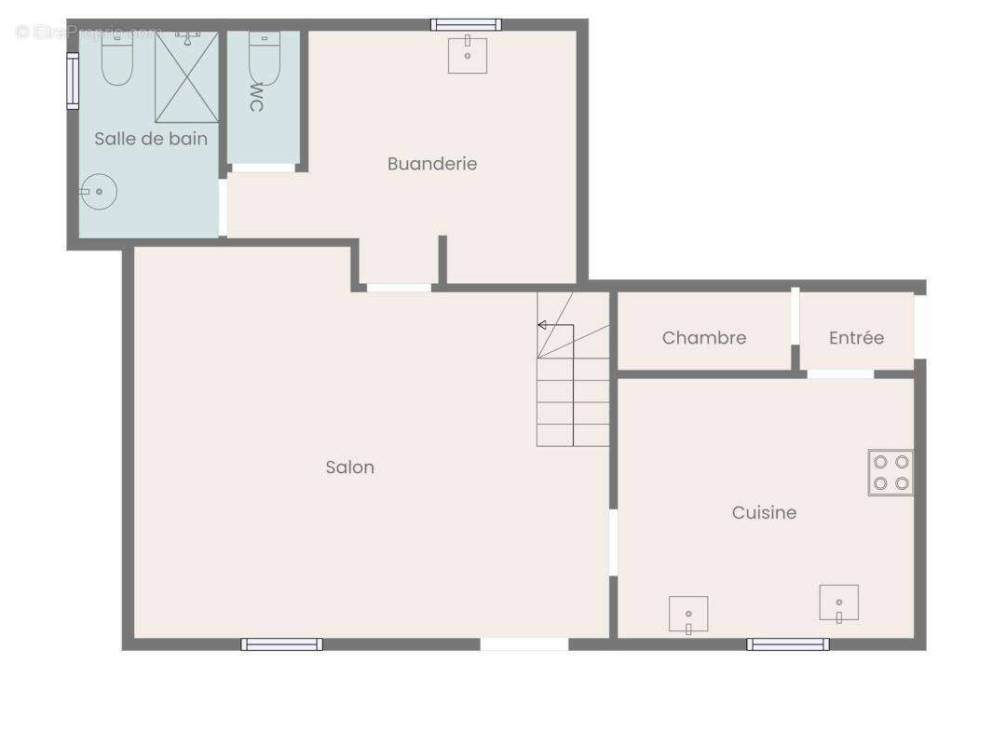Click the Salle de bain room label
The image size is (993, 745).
151,139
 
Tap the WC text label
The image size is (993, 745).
256,97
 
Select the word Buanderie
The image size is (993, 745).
432,164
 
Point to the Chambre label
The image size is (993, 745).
704,338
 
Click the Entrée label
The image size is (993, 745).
856,338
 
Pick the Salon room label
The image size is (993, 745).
350,467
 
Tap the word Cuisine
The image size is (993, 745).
764,512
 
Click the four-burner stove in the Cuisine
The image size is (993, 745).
891,472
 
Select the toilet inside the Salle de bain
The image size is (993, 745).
117,58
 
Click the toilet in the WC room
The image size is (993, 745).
264,58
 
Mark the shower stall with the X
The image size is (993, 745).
187,77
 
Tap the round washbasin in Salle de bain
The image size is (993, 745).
98,192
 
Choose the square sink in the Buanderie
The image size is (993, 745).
468,55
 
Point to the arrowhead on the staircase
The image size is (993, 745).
541,325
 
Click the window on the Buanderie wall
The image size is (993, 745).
466,24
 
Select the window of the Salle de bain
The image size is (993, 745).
73,80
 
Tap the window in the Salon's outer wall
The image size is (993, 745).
281,643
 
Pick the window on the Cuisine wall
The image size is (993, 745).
788,643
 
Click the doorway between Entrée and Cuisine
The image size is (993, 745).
840,374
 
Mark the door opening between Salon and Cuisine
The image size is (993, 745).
613,542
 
